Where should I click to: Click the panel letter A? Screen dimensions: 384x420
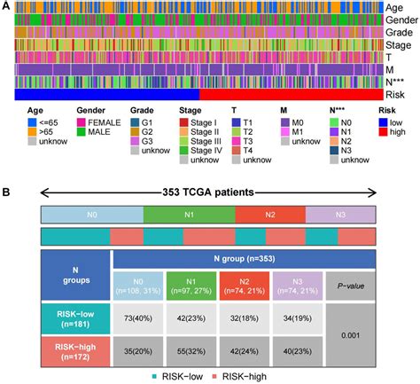coord(7,6)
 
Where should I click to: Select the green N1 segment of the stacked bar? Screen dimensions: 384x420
coord(189,215)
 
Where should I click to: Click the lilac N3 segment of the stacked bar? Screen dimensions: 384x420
coord(341,215)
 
